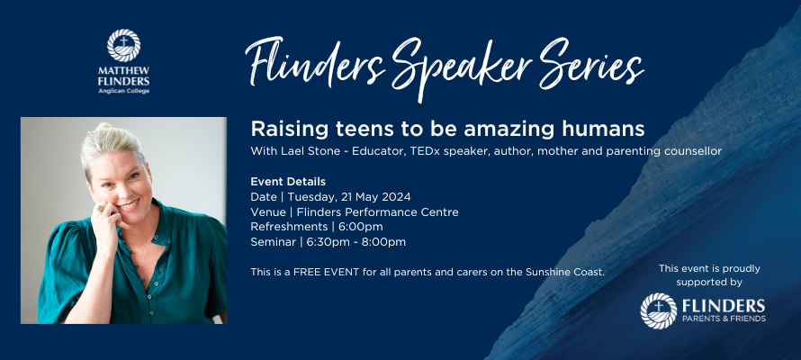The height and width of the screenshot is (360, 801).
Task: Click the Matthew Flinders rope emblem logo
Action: [123, 45]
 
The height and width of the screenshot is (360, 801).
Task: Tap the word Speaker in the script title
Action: [463, 67]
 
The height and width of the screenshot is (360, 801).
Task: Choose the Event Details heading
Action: [288, 181]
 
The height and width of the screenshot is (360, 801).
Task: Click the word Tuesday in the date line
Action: [308, 197]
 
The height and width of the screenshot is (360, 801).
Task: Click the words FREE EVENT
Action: [328, 272]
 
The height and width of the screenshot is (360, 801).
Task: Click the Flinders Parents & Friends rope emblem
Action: [659, 311]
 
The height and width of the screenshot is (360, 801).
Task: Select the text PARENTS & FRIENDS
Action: [724, 319]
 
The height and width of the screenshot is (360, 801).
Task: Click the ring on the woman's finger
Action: [101, 208]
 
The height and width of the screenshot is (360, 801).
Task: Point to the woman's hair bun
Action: [103, 127]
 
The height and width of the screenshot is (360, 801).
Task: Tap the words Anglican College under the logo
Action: [123, 91]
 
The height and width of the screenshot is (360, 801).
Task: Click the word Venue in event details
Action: [266, 211]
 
